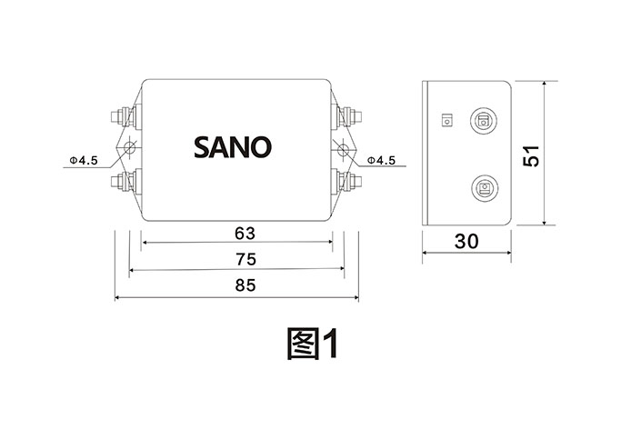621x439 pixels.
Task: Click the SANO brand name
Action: coord(232,146)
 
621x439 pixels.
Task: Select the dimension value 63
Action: coord(244,232)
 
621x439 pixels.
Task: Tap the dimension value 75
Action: coord(244,259)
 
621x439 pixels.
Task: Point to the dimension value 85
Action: coord(244,285)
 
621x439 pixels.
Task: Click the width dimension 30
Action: coord(466,242)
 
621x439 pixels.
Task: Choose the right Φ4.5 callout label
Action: coord(382,161)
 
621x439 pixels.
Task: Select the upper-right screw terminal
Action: coord(351,115)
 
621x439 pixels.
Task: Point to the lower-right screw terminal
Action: coord(351,180)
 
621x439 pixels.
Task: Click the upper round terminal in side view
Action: coord(483,121)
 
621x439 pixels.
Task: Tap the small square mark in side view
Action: coord(446,119)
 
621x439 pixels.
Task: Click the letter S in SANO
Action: coord(202,146)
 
